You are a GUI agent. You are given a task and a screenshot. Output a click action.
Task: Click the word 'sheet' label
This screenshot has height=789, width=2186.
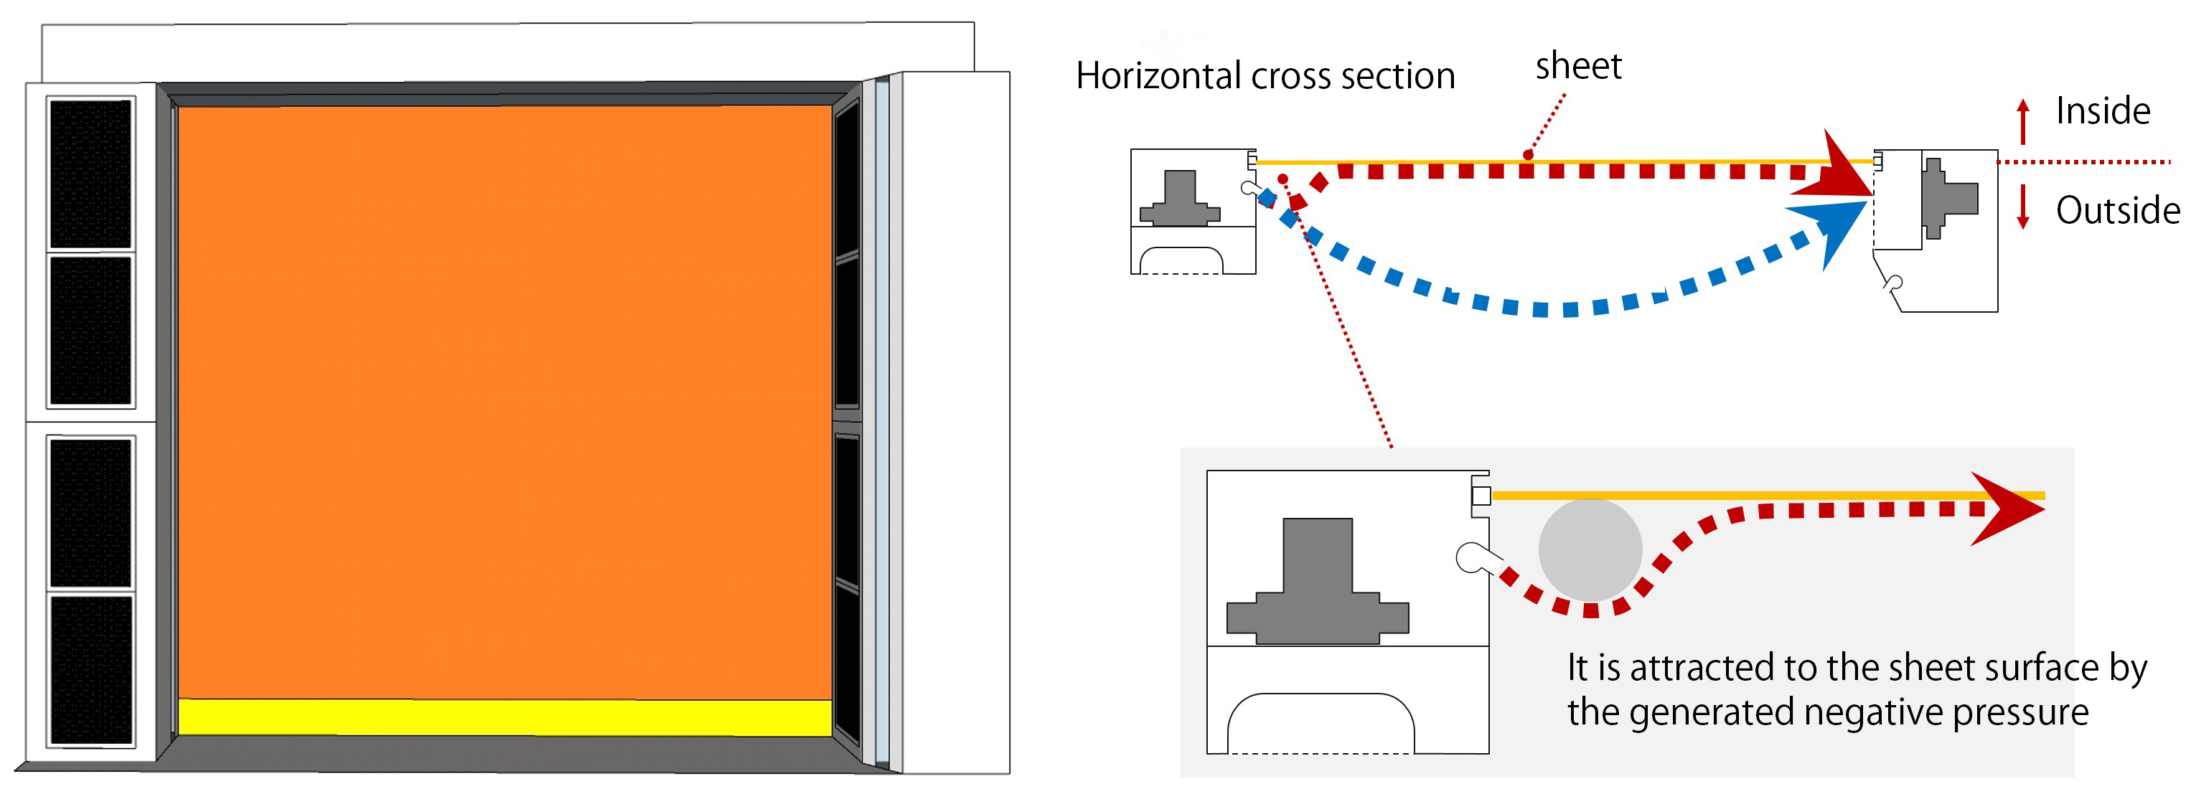1577,66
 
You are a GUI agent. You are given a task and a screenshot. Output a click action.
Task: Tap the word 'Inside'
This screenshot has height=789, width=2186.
2102,111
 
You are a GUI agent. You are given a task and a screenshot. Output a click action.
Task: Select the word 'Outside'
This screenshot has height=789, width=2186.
2116,210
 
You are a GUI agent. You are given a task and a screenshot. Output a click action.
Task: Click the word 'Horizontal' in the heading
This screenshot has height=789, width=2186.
1159,76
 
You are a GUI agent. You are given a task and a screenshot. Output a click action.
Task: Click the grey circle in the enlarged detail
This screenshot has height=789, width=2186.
1590,549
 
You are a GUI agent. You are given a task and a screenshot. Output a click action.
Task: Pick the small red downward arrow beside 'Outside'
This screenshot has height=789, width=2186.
2023,208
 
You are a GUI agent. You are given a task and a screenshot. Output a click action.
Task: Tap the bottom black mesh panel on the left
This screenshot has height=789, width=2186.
91,670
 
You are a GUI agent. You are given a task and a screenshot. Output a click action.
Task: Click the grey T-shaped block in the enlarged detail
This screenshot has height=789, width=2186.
1317,585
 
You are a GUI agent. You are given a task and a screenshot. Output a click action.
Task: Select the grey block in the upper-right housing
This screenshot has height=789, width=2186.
1948,199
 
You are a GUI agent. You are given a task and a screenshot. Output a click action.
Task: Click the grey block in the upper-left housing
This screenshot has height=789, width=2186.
1180,200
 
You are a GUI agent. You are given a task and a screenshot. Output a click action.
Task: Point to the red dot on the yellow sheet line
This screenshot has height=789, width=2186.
1527,154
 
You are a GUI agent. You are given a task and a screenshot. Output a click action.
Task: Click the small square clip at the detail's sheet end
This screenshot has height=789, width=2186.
1481,496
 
